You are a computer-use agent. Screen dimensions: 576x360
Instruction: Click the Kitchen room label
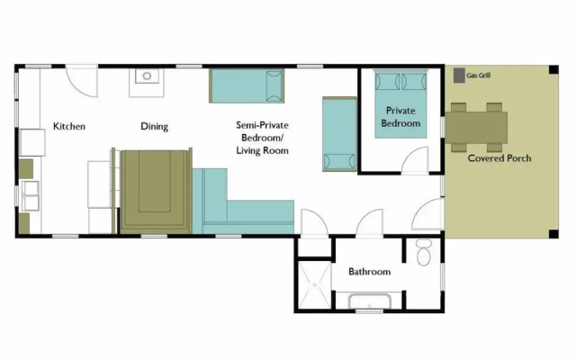click(69, 126)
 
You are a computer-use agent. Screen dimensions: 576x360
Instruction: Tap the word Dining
click(154, 127)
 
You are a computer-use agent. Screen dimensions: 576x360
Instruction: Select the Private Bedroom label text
click(400, 117)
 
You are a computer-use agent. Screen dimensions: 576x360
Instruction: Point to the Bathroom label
click(369, 272)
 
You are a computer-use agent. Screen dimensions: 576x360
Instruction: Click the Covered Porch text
click(499, 158)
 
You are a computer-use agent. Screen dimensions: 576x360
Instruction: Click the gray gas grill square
click(459, 76)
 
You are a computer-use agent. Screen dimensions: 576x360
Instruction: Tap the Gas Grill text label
click(478, 76)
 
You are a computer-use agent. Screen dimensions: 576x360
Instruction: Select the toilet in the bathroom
click(424, 252)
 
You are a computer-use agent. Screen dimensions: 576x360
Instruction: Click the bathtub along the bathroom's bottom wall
click(370, 302)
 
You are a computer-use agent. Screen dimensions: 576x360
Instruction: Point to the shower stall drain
click(315, 284)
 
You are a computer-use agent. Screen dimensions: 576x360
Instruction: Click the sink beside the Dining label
click(147, 76)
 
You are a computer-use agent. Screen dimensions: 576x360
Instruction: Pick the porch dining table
click(476, 128)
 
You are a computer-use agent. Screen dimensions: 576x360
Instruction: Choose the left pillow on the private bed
click(387, 81)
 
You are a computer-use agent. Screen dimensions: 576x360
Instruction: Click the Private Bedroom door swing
click(416, 159)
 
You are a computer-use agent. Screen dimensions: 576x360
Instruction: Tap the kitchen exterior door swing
click(82, 82)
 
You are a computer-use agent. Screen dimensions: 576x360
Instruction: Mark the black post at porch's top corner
click(554, 70)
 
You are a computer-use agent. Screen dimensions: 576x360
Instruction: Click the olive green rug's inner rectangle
click(154, 181)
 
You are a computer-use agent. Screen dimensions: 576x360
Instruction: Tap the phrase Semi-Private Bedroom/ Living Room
click(262, 138)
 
